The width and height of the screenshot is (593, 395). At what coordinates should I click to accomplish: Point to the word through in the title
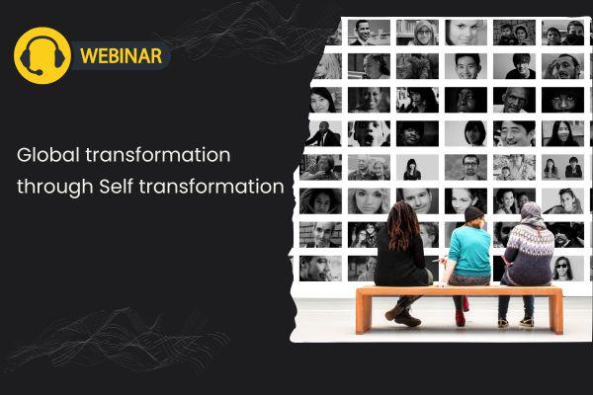(53, 185)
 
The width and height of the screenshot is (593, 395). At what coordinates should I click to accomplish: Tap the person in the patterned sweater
(530, 253)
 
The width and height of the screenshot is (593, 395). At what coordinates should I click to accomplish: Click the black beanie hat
(474, 213)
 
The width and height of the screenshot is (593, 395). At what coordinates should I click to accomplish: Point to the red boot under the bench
(461, 316)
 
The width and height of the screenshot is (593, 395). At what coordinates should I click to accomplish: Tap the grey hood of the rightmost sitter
(532, 213)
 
